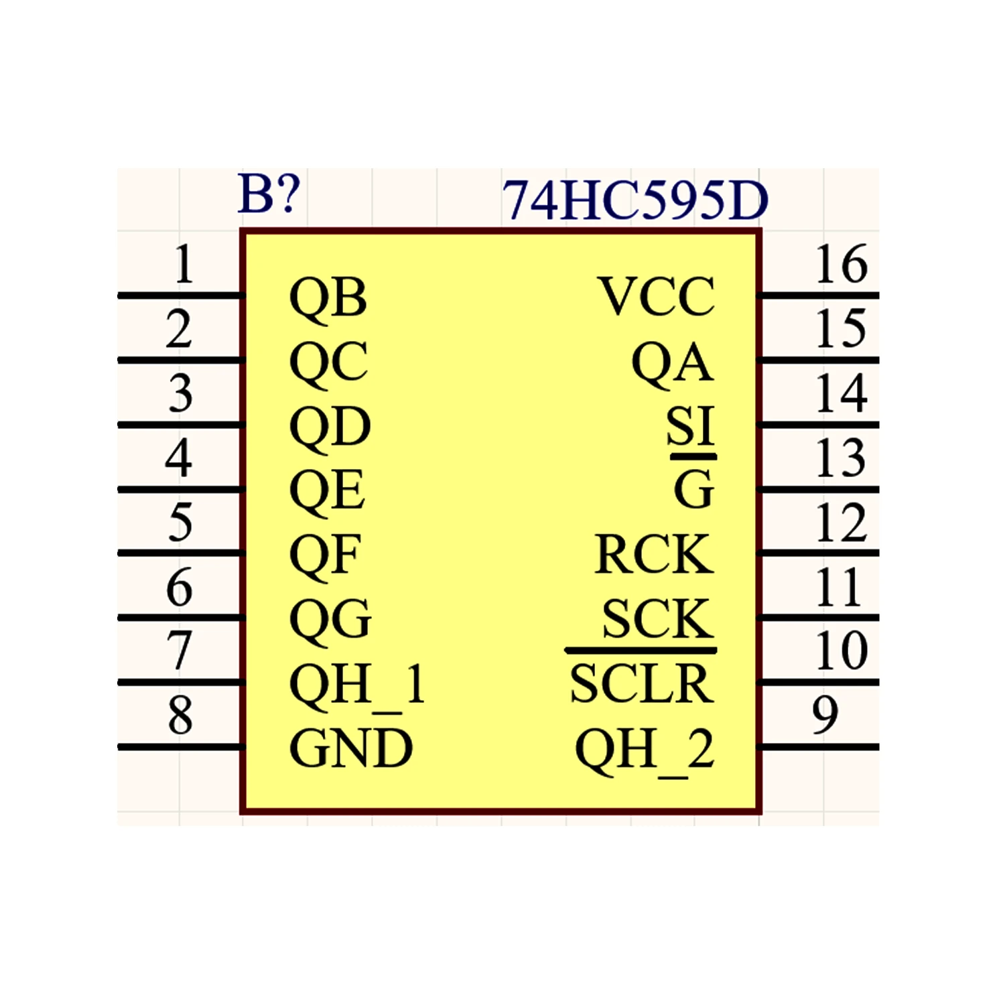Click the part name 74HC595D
(x=634, y=200)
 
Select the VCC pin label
(x=657, y=296)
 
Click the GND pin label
(x=350, y=748)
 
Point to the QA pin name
(x=673, y=362)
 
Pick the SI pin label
(x=691, y=425)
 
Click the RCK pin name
(x=654, y=554)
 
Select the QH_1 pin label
(x=357, y=685)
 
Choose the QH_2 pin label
(x=645, y=750)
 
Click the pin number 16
(x=842, y=264)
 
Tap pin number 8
(x=180, y=715)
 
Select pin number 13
(x=842, y=458)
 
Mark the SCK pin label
(x=657, y=618)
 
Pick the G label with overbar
(x=693, y=482)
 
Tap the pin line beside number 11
(x=818, y=617)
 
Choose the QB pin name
(x=328, y=297)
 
